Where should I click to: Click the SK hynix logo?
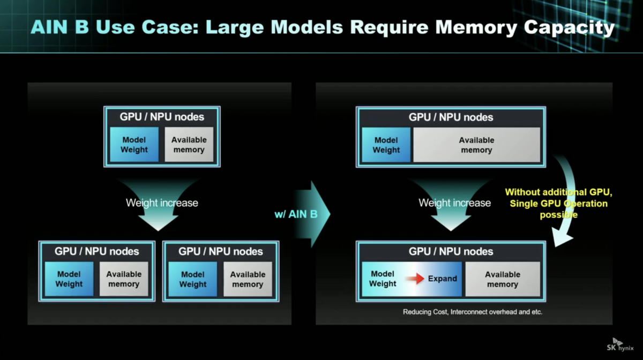pyautogui.click(x=620, y=345)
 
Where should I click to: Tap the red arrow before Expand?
pyautogui.click(x=415, y=278)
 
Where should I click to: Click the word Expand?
pyautogui.click(x=443, y=279)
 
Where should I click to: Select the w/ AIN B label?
pyautogui.click(x=296, y=214)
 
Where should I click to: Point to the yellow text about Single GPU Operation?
pyautogui.click(x=558, y=203)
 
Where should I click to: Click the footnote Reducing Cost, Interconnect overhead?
pyautogui.click(x=473, y=312)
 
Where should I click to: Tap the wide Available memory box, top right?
pyautogui.click(x=476, y=145)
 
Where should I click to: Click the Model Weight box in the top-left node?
pyautogui.click(x=134, y=145)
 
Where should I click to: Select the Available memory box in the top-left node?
pyautogui.click(x=189, y=145)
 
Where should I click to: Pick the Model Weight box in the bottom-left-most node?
pyautogui.click(x=69, y=279)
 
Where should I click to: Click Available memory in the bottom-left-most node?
pyautogui.click(x=124, y=279)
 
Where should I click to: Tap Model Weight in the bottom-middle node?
pyautogui.click(x=192, y=279)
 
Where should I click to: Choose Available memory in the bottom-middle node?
pyautogui.click(x=248, y=279)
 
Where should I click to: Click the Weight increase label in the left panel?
pyautogui.click(x=162, y=203)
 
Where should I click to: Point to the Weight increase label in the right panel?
pyautogui.click(x=455, y=203)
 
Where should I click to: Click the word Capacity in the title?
pyautogui.click(x=569, y=28)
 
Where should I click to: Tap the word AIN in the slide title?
pyautogui.click(x=49, y=27)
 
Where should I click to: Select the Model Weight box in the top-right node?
pyautogui.click(x=386, y=145)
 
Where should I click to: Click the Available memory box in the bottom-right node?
pyautogui.click(x=503, y=279)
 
